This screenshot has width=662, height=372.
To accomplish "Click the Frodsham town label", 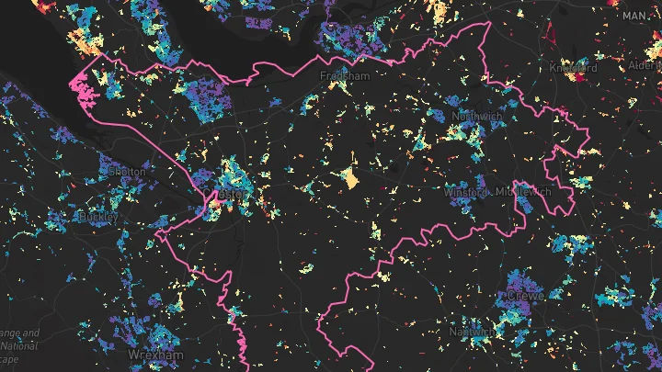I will coord(344,76).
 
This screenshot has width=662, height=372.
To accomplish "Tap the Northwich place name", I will coord(475,118).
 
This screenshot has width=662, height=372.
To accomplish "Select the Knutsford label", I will coord(573,68).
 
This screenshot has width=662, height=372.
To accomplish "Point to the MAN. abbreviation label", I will coord(634,17).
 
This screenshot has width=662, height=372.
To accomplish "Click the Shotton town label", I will coord(126,172).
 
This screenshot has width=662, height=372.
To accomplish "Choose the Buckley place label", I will coord(99,217).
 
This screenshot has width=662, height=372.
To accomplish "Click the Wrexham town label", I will coord(155,355).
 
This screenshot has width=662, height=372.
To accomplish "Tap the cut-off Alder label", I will coord(645,66).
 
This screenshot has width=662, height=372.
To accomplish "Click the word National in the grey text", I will coord(17,347).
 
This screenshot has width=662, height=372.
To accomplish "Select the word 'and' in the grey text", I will coord(29,333).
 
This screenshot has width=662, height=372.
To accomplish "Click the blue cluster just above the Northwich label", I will coord(464,104).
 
